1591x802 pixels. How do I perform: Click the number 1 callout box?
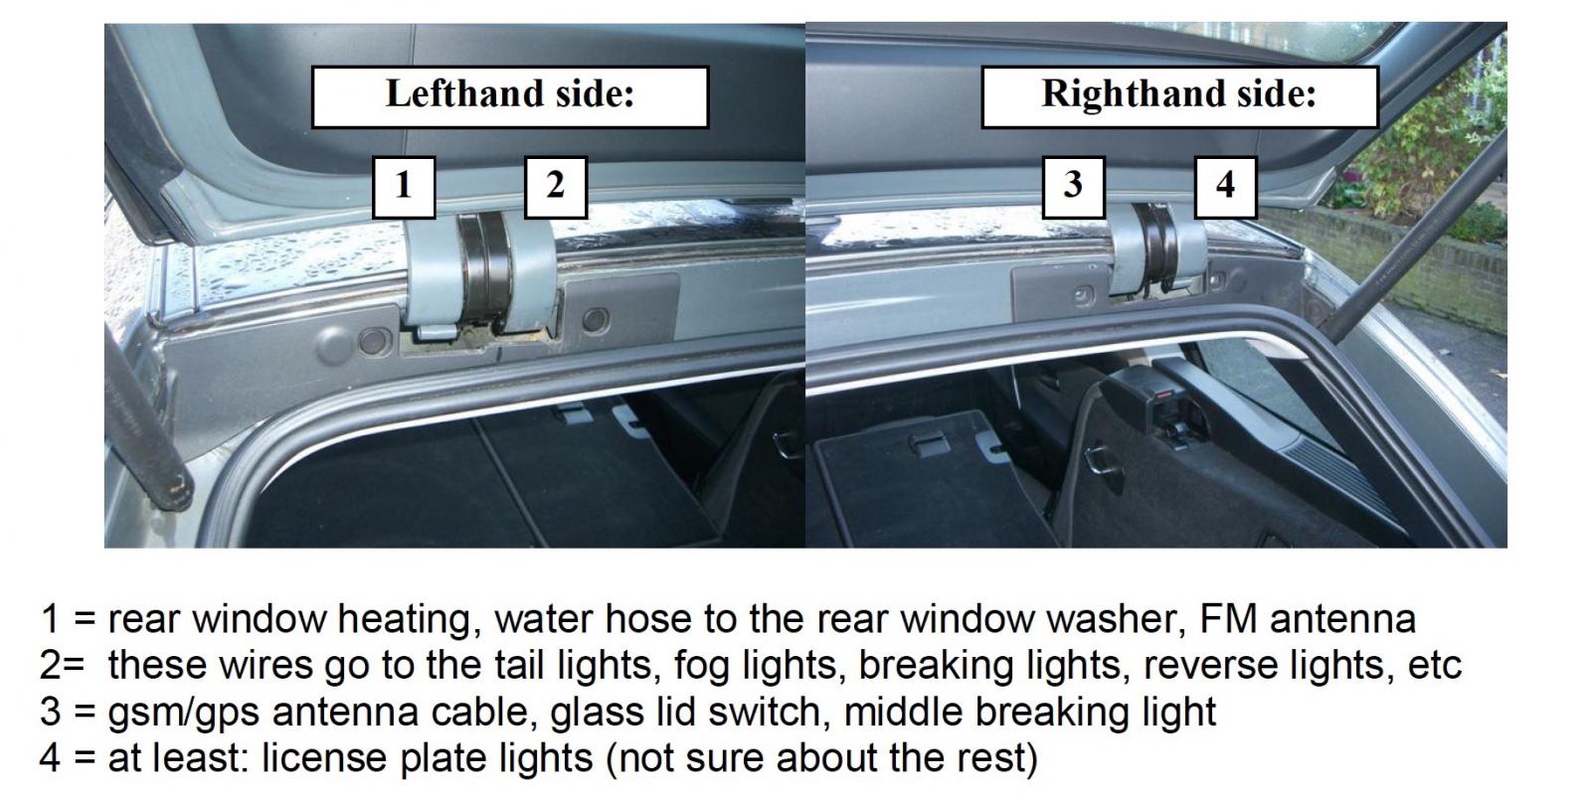coord(404,187)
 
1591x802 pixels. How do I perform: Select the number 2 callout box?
coord(556,187)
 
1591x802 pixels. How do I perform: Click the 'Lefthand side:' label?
coord(510,96)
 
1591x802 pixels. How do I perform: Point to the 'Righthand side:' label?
coord(1179,96)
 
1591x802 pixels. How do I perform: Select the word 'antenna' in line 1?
coord(1342,619)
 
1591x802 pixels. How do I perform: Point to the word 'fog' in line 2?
coord(697,667)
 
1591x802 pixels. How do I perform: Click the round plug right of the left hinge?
coord(596,320)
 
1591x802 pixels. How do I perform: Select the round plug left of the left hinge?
coord(373,341)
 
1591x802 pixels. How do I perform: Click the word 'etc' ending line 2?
coord(1434,666)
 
